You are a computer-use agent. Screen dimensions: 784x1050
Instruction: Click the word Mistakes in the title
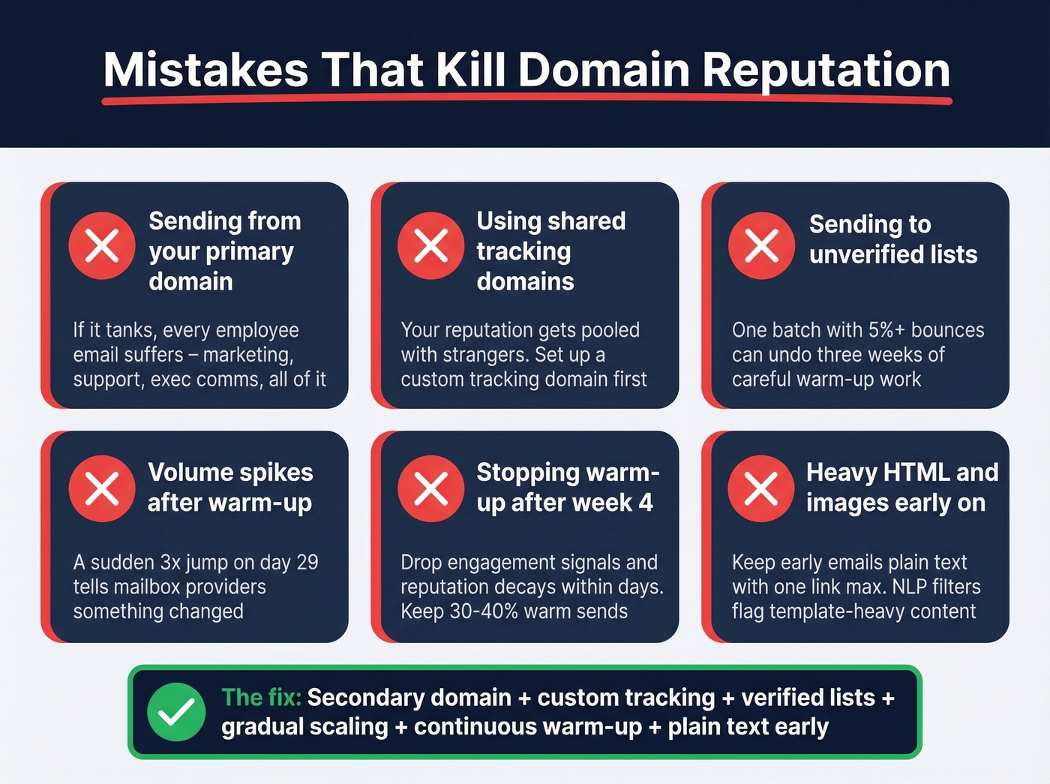(x=205, y=70)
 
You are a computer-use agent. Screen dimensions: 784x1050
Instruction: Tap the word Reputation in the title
(x=826, y=70)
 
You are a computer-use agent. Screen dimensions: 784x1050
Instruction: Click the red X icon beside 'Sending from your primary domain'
(x=102, y=245)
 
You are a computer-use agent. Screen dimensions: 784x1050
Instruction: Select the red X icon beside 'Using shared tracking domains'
(x=431, y=245)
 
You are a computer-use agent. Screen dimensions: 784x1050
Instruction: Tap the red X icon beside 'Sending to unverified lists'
(x=761, y=245)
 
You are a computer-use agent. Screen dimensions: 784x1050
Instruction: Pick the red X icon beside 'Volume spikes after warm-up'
(x=102, y=488)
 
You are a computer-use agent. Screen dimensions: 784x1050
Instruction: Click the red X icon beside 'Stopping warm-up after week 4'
(x=431, y=488)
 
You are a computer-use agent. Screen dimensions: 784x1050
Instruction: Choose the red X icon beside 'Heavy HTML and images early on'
(x=761, y=488)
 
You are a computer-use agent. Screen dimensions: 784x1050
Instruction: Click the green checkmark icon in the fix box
(x=176, y=712)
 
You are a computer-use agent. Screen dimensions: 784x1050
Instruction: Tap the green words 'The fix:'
(x=261, y=698)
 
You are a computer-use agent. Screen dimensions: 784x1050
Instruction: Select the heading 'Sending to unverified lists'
(x=892, y=239)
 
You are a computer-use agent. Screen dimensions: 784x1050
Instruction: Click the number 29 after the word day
(x=307, y=563)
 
